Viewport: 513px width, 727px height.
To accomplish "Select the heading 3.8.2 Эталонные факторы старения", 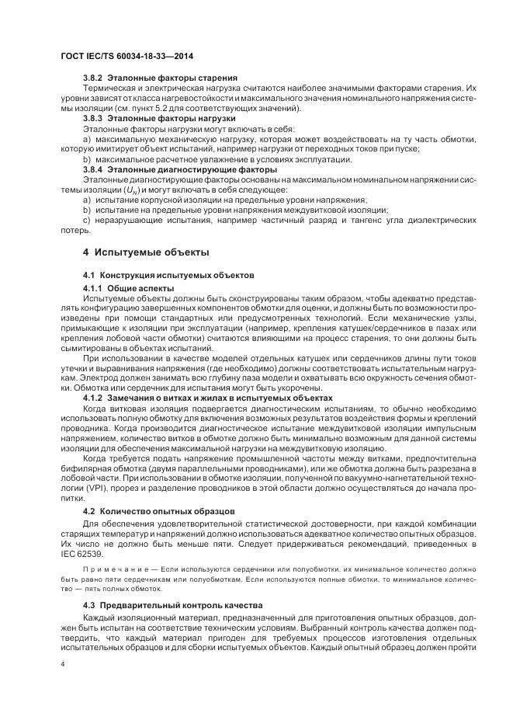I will point(160,78).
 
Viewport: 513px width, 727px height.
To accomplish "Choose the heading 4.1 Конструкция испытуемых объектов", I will point(171,276).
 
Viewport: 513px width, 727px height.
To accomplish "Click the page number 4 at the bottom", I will point(63,666).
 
